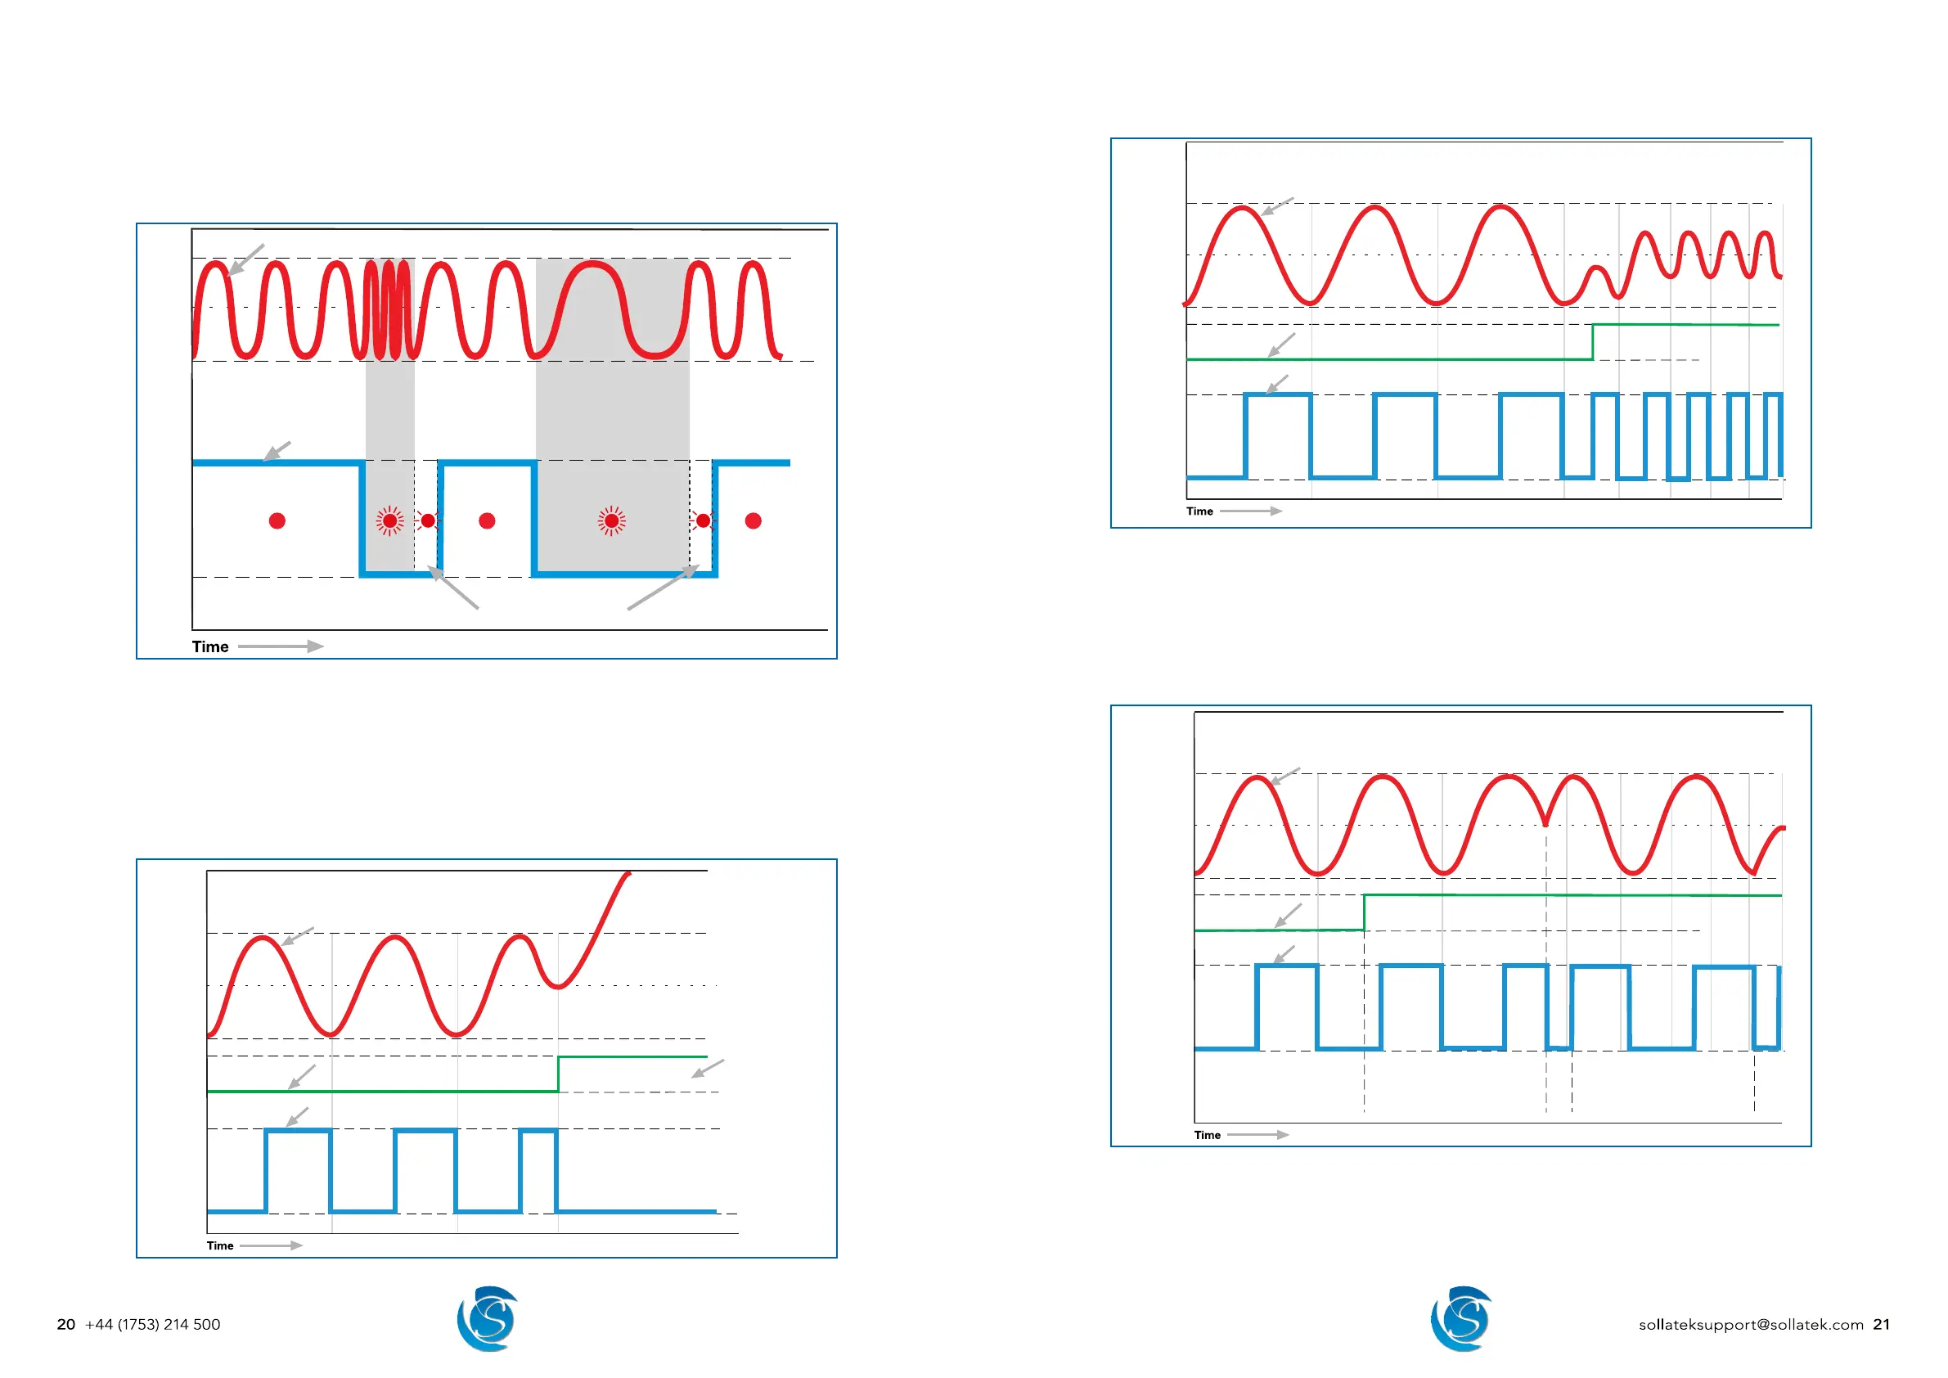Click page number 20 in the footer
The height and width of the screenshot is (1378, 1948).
click(65, 1325)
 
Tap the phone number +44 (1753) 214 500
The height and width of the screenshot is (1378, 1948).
click(153, 1325)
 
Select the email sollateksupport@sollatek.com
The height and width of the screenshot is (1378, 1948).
click(1750, 1325)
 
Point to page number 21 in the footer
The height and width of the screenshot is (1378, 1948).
click(1881, 1325)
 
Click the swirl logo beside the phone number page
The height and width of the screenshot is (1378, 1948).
click(487, 1318)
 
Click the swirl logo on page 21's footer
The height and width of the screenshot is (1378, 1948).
click(1461, 1318)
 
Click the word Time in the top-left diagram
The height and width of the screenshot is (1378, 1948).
click(210, 646)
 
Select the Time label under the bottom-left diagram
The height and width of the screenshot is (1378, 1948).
click(220, 1245)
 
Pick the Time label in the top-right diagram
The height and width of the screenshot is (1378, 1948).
click(1199, 511)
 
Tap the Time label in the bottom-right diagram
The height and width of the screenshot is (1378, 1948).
click(1208, 1135)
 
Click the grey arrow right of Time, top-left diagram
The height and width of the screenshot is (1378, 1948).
click(280, 646)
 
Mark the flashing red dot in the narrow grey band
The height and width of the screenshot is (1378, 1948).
click(390, 520)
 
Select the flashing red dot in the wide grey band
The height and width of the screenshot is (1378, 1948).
click(612, 520)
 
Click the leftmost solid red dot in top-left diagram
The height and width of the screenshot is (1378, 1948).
click(277, 520)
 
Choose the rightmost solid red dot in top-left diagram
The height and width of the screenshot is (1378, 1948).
click(753, 520)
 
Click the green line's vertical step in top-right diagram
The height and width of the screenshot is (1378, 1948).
click(1592, 342)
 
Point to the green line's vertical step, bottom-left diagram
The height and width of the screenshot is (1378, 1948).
click(558, 1074)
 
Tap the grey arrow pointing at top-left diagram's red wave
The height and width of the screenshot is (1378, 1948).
click(245, 259)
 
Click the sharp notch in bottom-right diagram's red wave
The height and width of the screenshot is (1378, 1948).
click(1545, 822)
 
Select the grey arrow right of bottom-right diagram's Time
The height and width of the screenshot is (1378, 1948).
click(1258, 1135)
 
